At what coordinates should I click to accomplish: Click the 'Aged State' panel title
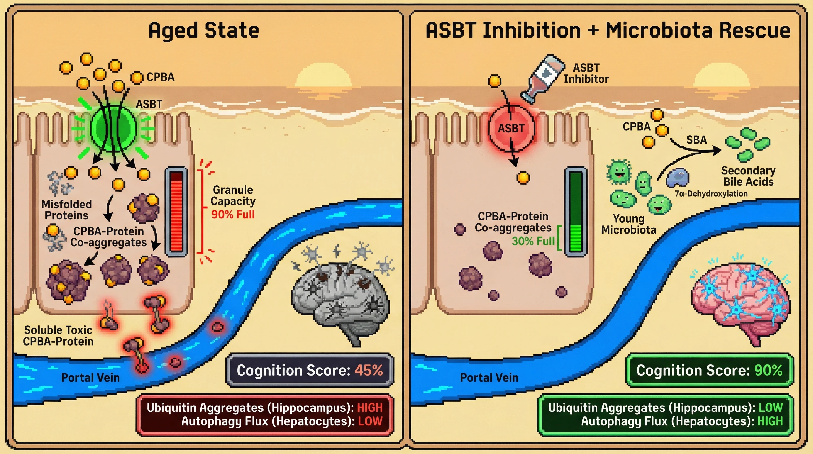pos(204,31)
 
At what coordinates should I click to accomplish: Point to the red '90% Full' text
pos(232,215)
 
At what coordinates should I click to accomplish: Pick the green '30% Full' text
pos(533,241)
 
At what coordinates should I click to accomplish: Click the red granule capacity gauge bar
pos(176,212)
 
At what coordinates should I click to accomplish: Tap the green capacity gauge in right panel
pos(576,212)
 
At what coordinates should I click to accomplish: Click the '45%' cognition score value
pos(368,370)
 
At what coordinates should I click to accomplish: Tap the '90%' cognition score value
pos(768,370)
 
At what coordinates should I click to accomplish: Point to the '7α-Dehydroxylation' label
pos(711,194)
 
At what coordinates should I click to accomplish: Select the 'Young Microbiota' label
pos(628,224)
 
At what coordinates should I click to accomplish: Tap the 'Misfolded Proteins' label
pos(66,210)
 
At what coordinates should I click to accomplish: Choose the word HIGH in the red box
pos(370,408)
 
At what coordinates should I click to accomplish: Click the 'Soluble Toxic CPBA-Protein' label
pos(58,335)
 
